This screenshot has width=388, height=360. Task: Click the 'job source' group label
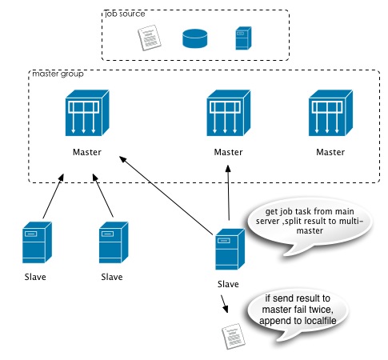tap(125, 14)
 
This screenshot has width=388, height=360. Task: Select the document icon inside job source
tap(150, 38)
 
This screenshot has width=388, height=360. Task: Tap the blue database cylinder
tap(195, 38)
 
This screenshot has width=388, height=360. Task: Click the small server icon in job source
tap(243, 38)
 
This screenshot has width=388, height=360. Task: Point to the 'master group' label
tap(58, 74)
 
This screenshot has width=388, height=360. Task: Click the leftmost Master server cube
tap(87, 113)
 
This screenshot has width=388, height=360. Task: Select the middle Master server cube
tap(229, 113)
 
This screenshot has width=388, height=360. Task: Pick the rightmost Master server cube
tap(330, 113)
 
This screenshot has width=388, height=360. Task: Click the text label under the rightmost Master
tap(330, 152)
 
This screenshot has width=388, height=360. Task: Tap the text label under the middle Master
tap(228, 152)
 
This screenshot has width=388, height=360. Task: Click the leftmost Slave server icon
tap(37, 242)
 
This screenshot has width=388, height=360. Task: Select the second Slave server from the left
tap(114, 242)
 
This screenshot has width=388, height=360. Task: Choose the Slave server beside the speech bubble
tap(230, 249)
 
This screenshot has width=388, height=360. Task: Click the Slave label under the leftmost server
tap(35, 277)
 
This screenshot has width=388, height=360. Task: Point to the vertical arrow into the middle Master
tap(228, 193)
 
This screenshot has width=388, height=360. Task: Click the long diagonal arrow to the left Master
tap(166, 195)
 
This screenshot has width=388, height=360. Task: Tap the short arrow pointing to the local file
tap(224, 304)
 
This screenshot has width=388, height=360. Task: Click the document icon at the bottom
tap(234, 336)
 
